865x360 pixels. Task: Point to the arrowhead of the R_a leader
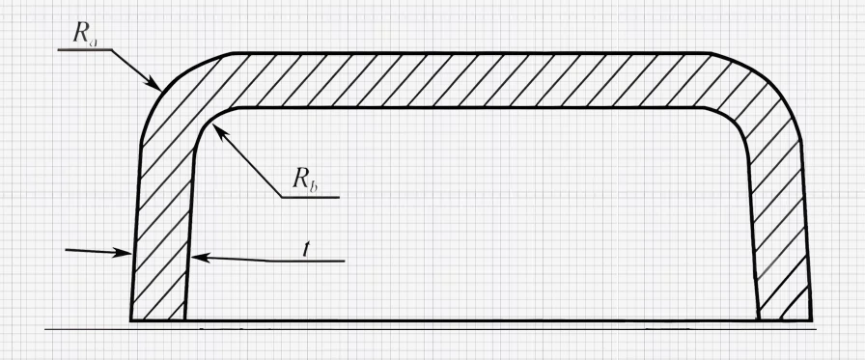[157, 86]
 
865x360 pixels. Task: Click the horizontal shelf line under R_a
[82, 48]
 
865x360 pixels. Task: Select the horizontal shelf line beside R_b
[310, 197]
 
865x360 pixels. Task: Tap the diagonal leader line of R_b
[249, 164]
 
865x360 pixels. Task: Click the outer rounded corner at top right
[772, 77]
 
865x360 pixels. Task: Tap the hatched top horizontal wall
[473, 79]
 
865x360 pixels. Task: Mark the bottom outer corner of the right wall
[810, 318]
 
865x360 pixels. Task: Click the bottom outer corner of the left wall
[131, 318]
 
